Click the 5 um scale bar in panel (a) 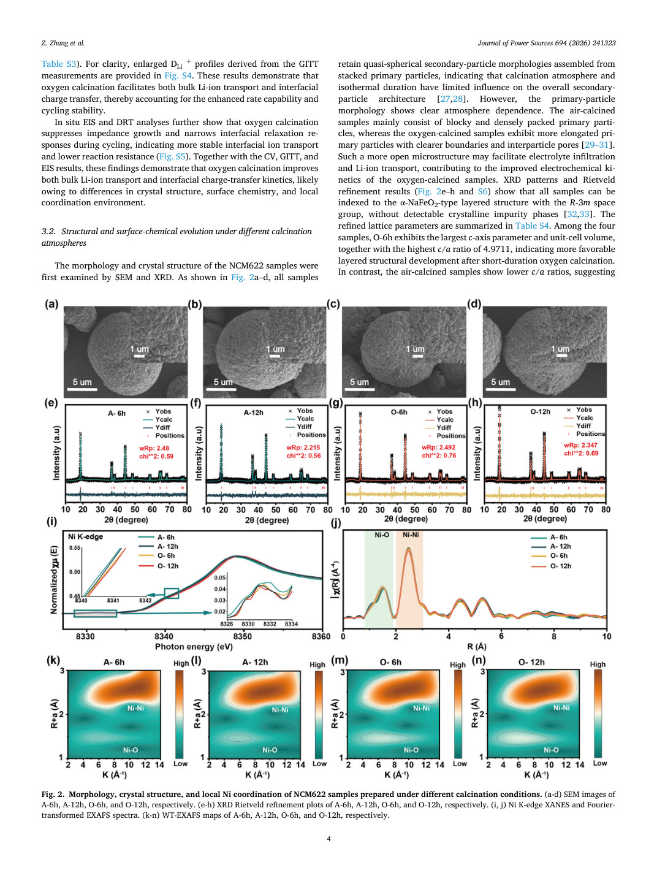pos(82,389)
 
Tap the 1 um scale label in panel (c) pos(417,349)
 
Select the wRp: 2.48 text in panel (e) pos(154,448)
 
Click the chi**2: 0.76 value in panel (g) pos(439,455)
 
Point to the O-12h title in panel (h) pos(540,411)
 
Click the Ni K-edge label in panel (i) pos(85,537)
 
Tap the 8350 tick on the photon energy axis pos(242,636)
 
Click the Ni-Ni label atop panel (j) pos(411,535)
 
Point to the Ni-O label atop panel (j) pos(382,535)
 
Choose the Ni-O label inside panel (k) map pos(130,750)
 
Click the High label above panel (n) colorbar pos(598,664)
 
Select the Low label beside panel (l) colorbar pos(319,763)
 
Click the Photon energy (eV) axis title pos(194,647)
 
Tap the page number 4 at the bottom pos(328,839)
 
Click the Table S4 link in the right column pos(532,226)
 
